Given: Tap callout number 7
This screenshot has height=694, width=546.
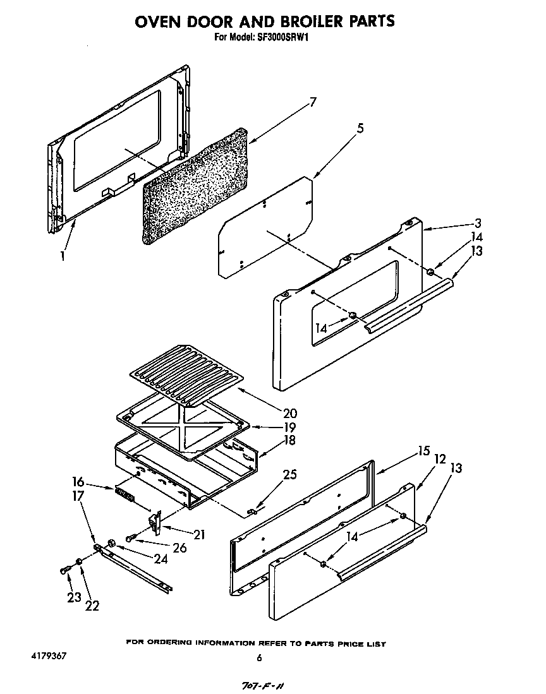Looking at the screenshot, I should (x=312, y=102).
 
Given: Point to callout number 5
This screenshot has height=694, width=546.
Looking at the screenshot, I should (x=360, y=129).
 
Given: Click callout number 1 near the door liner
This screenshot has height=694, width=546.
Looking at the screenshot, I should (x=62, y=257).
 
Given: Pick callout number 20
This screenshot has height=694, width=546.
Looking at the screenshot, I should (x=290, y=414).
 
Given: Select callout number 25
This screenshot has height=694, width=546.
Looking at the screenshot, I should (x=290, y=474).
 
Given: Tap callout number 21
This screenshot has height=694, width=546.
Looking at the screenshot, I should (x=199, y=534).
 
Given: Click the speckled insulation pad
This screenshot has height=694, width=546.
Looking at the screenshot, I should (x=196, y=186).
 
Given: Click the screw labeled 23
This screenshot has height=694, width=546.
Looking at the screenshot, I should (x=63, y=570).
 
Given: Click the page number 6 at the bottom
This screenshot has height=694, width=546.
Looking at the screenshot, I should (x=258, y=658).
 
